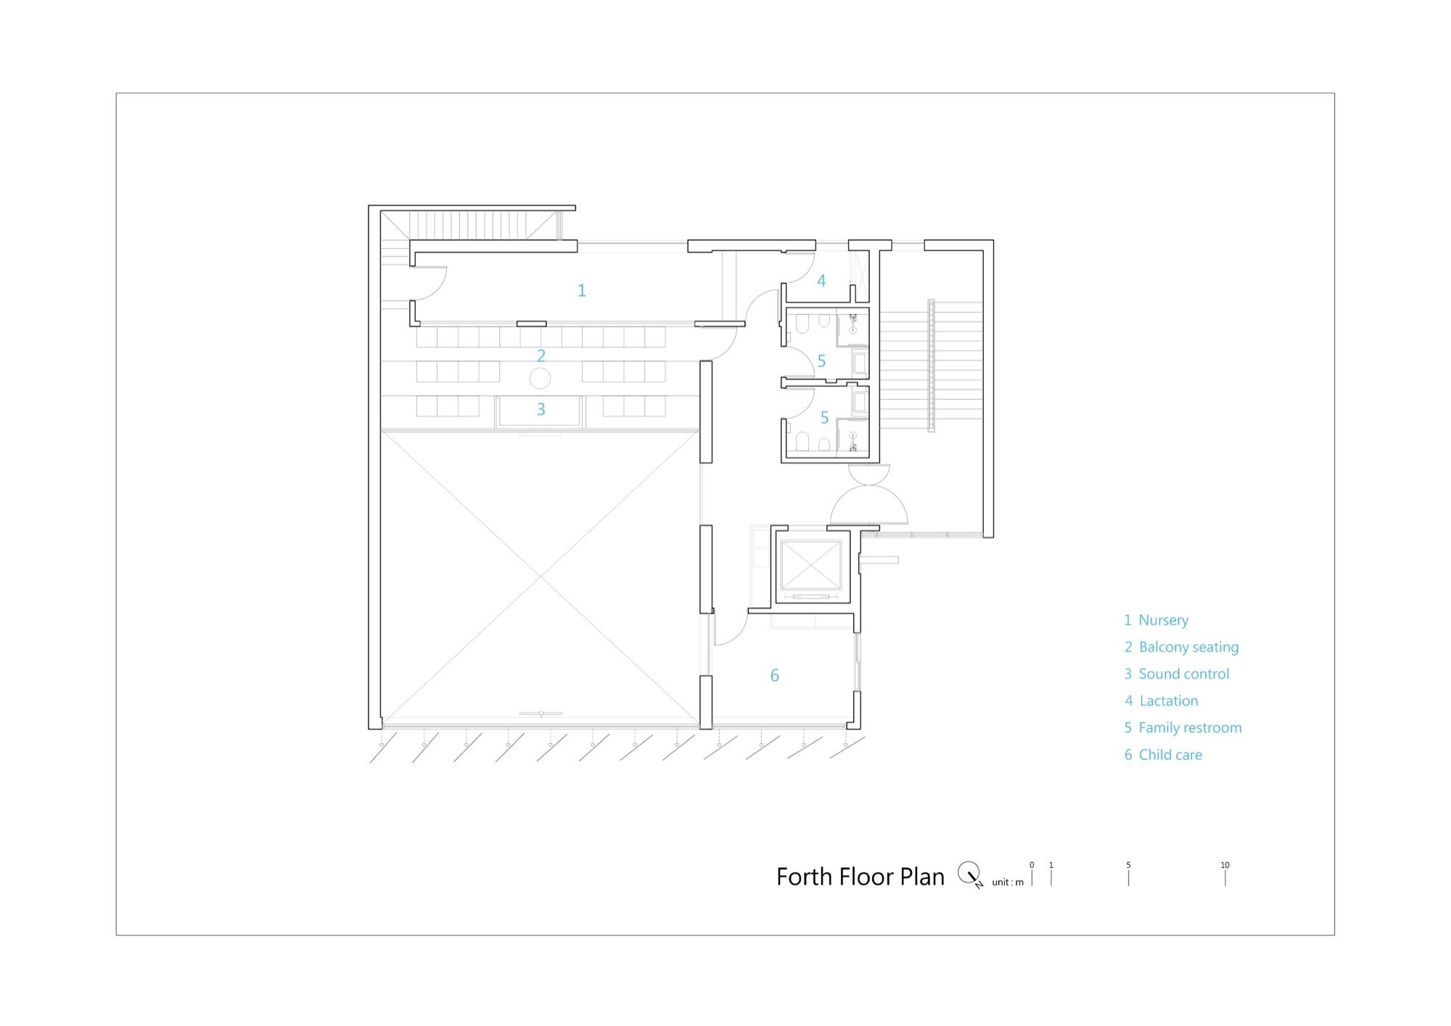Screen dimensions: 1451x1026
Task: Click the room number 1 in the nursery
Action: coord(581,290)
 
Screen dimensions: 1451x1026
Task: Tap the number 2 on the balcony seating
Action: coord(541,356)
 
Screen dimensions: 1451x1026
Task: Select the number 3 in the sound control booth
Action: coord(541,409)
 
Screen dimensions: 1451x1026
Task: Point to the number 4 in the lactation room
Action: coord(821,281)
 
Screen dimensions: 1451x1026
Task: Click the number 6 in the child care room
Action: coord(775,676)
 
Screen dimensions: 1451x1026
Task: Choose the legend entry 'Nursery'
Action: coord(1164,620)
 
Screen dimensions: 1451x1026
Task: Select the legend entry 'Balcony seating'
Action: coord(1189,647)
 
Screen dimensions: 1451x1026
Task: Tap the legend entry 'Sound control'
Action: coord(1184,674)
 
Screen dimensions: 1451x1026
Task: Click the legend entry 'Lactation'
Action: coord(1169,701)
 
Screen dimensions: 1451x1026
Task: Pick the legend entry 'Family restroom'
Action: coord(1191,728)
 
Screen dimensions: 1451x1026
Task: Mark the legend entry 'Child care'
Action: coord(1170,755)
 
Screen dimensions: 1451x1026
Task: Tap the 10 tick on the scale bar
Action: coord(1225,877)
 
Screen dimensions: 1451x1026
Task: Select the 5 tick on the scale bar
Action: coord(1128,877)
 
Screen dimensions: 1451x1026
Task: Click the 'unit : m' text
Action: coord(1008,882)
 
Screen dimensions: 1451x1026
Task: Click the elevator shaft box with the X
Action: coord(811,565)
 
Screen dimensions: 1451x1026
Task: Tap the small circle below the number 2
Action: coord(540,378)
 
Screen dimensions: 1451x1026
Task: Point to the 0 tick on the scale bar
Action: coord(1032,877)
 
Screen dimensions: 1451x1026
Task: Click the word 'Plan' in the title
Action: coord(922,877)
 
